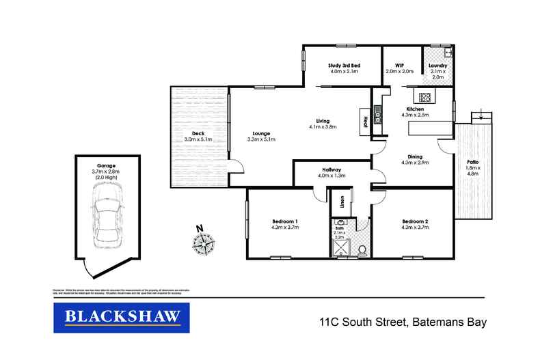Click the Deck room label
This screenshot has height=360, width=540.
198,133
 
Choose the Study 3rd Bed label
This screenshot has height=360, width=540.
345,66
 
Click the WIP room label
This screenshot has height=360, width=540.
399,66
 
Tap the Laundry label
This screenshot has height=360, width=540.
437,66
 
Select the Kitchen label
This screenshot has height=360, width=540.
416,109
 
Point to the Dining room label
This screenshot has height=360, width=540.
416,156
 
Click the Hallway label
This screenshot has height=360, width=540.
332,169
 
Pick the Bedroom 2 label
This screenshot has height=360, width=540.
415,221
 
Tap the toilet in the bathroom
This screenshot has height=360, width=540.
361,252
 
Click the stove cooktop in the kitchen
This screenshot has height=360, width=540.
424,97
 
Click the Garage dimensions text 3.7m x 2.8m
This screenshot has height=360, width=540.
105,171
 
